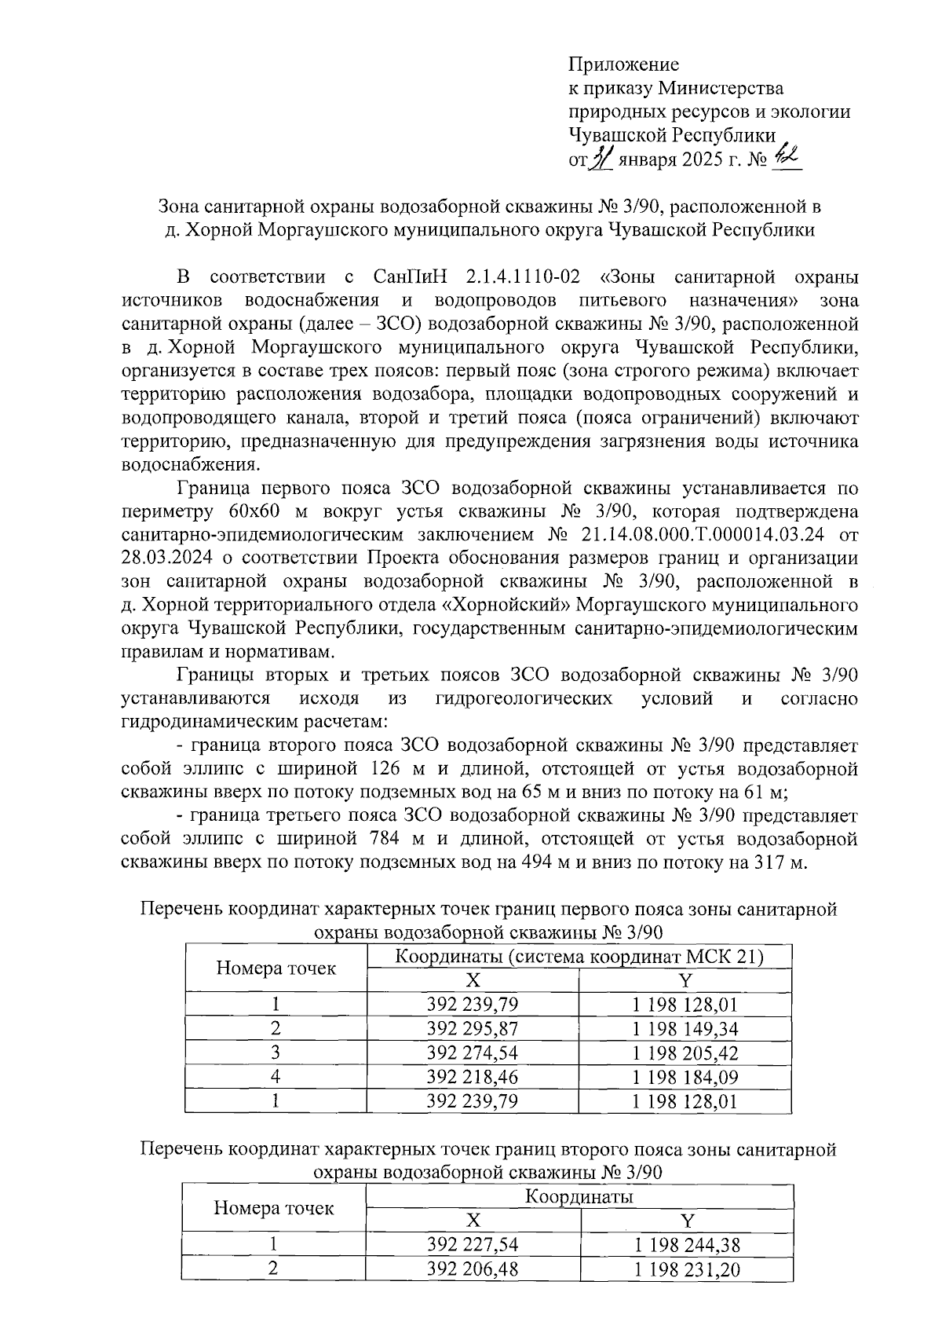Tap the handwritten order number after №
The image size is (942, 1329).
click(783, 157)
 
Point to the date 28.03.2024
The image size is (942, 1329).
click(159, 558)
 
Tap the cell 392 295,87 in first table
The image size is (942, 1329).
click(472, 1028)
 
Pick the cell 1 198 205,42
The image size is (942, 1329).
click(685, 1053)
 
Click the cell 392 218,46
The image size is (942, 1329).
click(472, 1076)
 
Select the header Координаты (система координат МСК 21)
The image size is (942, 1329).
click(579, 957)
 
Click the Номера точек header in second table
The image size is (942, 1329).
click(274, 1208)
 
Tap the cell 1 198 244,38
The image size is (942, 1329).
click(687, 1244)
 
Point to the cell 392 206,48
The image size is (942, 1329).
click(472, 1269)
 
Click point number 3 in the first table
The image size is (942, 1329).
click(276, 1053)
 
